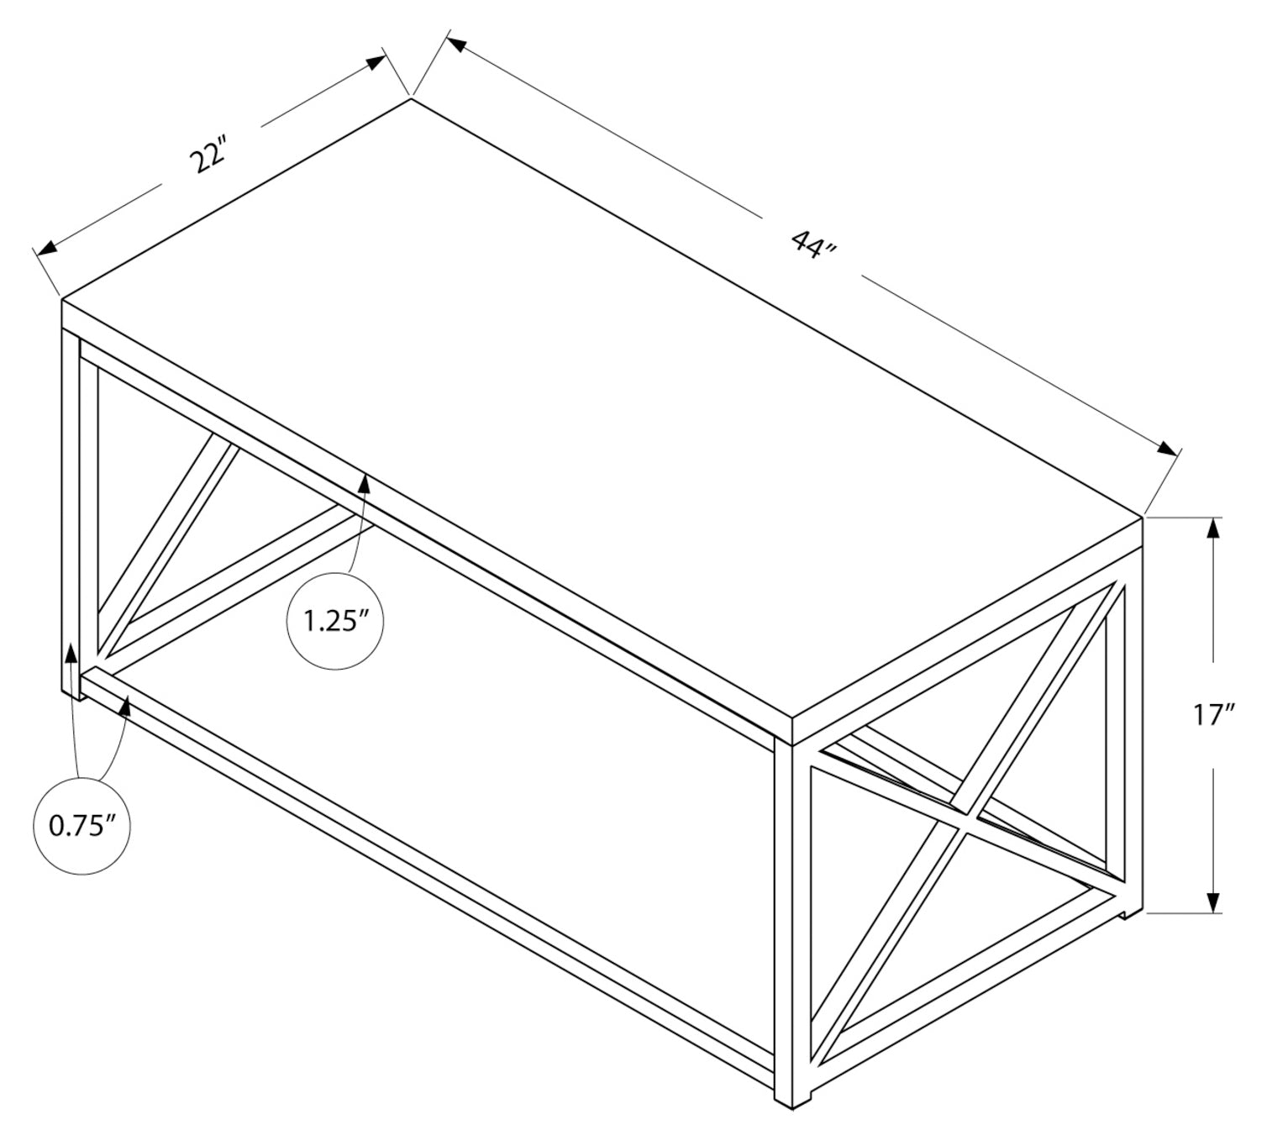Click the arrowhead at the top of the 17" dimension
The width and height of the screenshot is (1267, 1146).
(x=1212, y=529)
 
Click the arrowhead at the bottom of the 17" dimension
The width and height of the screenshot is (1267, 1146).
(x=1212, y=901)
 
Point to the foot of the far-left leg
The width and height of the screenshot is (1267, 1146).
(x=71, y=691)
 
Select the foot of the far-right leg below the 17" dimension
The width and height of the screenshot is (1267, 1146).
(x=1131, y=910)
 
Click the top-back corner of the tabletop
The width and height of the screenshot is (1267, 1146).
(x=411, y=99)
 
